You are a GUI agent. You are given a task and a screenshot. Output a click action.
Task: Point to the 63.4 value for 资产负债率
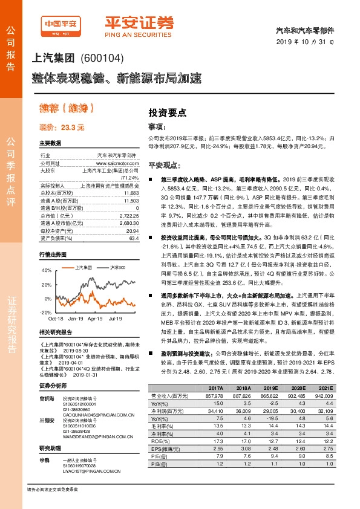(x=133, y=238)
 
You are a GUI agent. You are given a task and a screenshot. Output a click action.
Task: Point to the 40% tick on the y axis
(x=47, y=270)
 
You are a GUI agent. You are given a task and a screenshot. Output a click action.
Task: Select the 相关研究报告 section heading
(x=56, y=332)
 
